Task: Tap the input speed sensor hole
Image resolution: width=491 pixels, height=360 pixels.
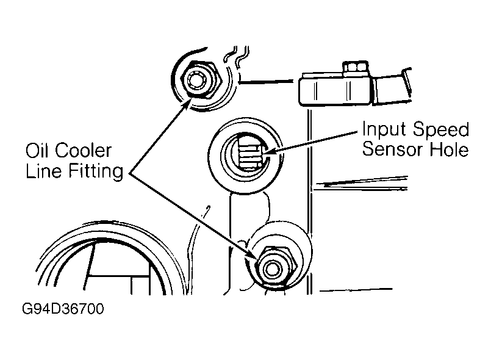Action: [x=246, y=154]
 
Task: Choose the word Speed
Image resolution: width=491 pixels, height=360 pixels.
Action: [x=440, y=130]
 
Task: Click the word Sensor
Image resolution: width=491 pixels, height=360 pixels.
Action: [x=393, y=149]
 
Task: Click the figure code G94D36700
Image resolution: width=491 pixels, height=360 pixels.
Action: [x=63, y=309]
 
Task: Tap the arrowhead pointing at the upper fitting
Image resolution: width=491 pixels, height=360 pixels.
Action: [x=185, y=103]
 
